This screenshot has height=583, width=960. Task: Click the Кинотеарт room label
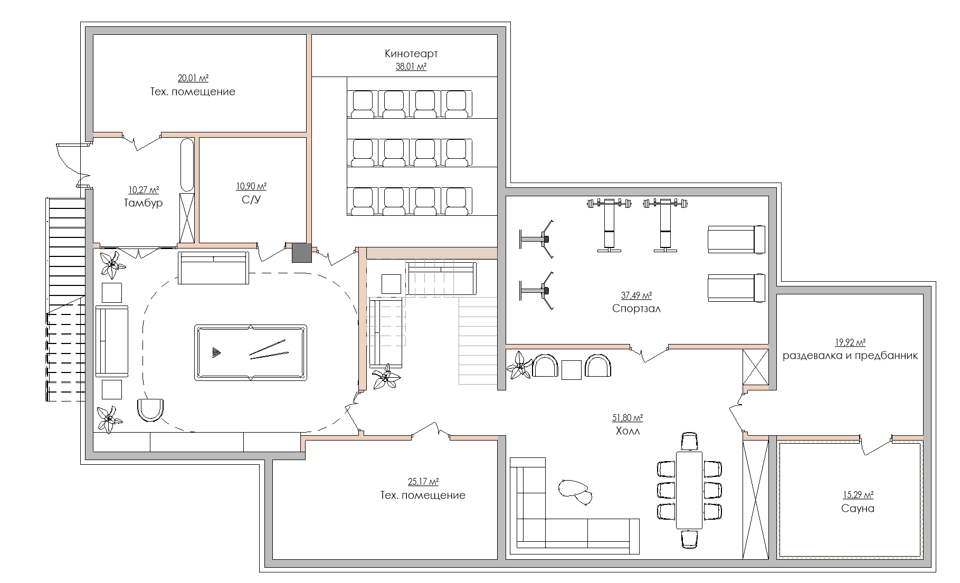click(x=411, y=54)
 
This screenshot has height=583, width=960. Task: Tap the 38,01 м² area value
click(x=411, y=66)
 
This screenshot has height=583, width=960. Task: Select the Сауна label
click(x=858, y=509)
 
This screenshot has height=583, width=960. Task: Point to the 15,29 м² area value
click(x=858, y=495)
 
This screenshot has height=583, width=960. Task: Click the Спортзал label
click(x=636, y=309)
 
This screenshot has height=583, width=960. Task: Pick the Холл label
click(x=628, y=431)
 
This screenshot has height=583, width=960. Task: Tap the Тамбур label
click(x=143, y=203)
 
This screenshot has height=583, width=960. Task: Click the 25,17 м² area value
click(x=423, y=482)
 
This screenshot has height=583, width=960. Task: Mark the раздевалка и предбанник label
click(x=850, y=356)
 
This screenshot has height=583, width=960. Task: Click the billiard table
click(x=251, y=352)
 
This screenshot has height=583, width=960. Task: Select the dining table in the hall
click(x=689, y=490)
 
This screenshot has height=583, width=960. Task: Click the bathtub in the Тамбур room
click(x=187, y=165)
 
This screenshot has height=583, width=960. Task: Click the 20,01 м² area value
click(x=193, y=79)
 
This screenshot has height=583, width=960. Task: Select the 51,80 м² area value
click(x=628, y=418)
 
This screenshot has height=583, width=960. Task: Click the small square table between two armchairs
click(x=572, y=369)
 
